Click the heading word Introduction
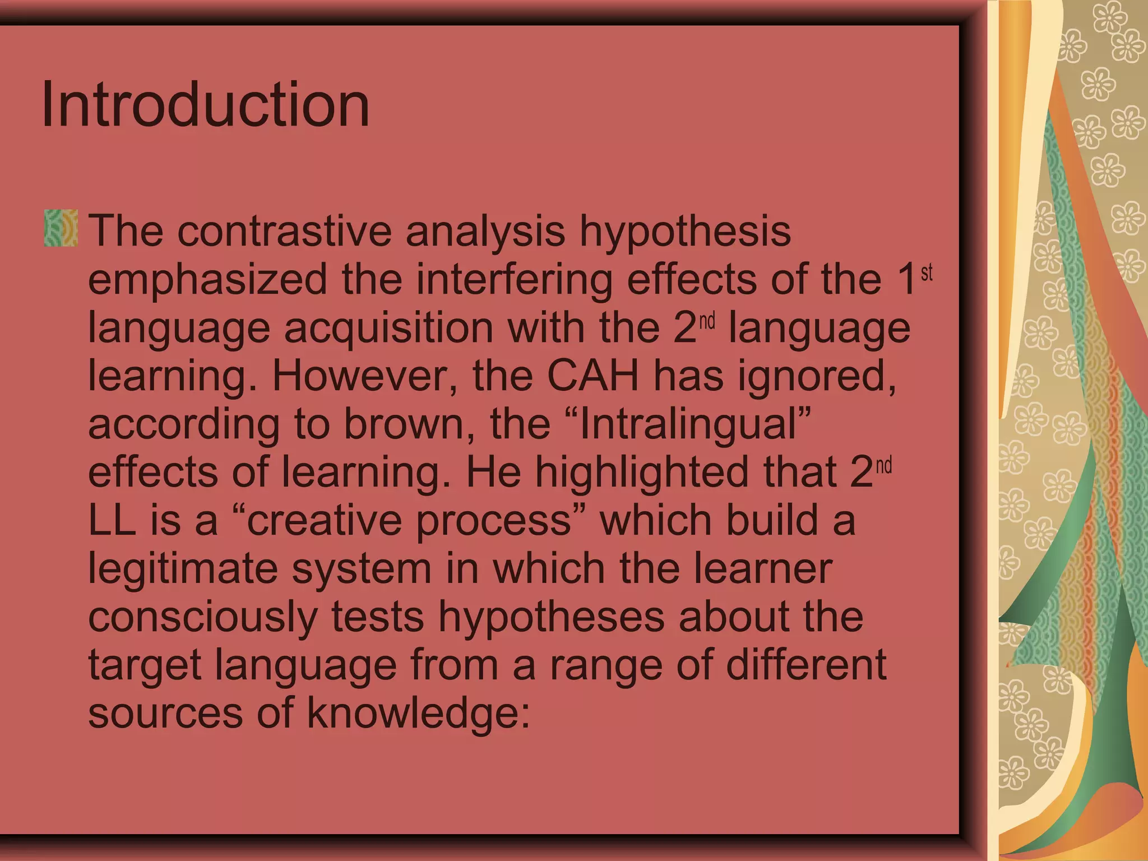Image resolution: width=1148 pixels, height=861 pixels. point(205,104)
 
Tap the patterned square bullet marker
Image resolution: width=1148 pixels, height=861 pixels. point(61,228)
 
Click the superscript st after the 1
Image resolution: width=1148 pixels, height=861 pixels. point(927,272)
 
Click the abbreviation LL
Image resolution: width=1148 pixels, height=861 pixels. point(112,520)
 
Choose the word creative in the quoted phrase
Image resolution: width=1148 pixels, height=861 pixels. point(324,520)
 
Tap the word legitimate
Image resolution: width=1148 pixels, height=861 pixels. point(183,568)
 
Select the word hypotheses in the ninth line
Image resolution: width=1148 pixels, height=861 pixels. point(551,617)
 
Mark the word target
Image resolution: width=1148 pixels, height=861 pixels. point(145,665)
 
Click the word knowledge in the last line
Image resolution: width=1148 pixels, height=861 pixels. point(418,713)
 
